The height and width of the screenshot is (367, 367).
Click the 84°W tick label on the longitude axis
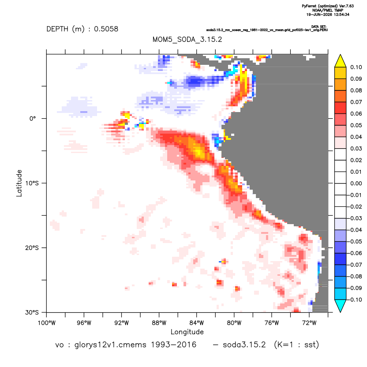point(197,323)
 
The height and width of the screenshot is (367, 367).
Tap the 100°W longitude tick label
point(47,323)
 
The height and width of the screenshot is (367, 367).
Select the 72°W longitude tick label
point(309,323)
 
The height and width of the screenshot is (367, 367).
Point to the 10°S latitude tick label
point(32,183)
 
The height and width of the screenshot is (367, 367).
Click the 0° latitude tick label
point(33,119)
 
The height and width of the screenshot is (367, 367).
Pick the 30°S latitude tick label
point(32,312)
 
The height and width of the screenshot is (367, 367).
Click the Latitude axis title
point(19,183)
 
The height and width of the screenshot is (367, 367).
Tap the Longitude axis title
point(187,332)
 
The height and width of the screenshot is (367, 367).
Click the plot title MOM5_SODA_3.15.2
point(187,39)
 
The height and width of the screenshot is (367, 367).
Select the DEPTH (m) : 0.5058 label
point(82,29)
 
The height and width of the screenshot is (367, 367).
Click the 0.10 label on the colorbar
point(356,67)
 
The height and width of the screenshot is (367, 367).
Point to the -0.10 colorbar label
point(355,300)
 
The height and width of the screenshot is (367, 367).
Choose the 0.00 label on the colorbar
point(356,183)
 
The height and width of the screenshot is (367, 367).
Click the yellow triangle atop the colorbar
point(341,61)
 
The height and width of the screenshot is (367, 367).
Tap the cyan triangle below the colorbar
point(341,306)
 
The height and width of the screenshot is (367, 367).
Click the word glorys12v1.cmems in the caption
point(110,345)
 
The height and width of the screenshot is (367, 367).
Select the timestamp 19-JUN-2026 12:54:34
point(328,15)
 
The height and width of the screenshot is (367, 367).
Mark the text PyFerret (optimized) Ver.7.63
point(328,6)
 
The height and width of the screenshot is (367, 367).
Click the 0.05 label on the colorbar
point(356,125)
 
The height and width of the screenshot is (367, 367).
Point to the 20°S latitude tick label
point(32,247)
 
